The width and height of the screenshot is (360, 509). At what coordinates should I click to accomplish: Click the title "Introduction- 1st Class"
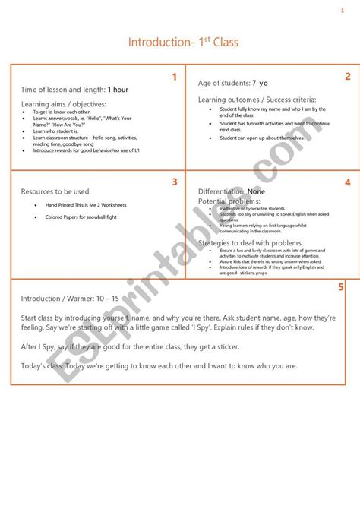tap(183, 42)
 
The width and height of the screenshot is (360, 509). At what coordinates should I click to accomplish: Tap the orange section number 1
tap(174, 77)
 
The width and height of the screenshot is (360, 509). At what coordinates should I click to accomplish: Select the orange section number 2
tap(348, 76)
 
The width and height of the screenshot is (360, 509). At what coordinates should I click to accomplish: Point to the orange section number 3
tap(174, 182)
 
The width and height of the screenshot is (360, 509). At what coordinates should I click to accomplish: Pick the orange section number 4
tap(347, 182)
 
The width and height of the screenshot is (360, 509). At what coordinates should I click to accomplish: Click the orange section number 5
tap(341, 287)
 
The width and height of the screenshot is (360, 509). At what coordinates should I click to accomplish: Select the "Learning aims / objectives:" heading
tap(64, 103)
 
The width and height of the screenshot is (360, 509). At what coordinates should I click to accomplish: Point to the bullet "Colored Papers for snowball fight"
tap(81, 217)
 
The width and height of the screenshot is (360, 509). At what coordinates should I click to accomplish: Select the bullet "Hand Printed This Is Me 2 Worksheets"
tap(86, 205)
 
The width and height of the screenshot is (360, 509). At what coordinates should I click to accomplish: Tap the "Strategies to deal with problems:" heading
tap(251, 242)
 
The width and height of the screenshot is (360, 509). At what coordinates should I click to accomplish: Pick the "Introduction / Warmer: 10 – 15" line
tap(74, 298)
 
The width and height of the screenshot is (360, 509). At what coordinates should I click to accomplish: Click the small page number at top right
tap(343, 11)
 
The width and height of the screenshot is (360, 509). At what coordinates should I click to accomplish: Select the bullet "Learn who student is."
tap(55, 131)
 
